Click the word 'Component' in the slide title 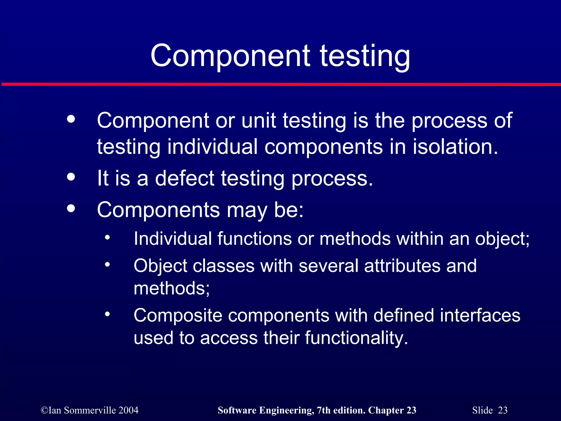click(x=230, y=56)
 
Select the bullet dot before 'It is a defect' click(x=71, y=177)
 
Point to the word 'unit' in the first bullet click(x=258, y=121)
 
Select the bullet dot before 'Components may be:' click(x=71, y=209)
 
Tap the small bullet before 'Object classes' click(x=107, y=264)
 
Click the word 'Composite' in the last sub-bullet click(x=178, y=315)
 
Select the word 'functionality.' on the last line click(x=356, y=338)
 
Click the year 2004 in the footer click(x=128, y=410)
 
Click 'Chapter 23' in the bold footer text click(x=392, y=410)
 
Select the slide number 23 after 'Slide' click(x=502, y=410)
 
